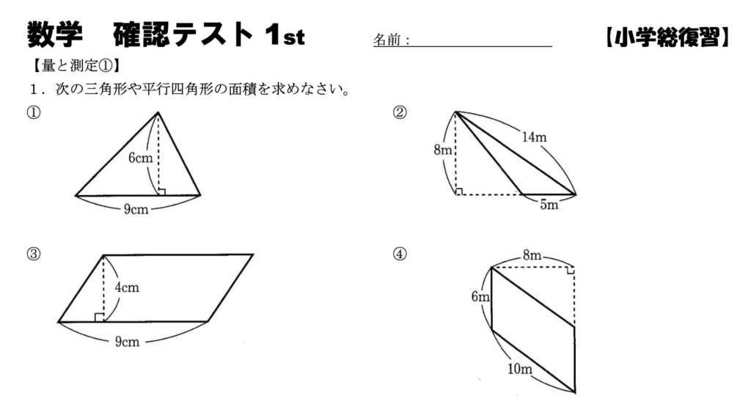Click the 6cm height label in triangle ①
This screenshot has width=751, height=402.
[x=140, y=158]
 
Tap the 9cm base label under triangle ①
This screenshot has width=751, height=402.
[x=136, y=209]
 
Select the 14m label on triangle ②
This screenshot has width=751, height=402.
[x=534, y=137]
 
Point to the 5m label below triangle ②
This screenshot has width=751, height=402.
[x=549, y=205]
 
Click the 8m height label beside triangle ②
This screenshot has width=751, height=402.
[x=442, y=150]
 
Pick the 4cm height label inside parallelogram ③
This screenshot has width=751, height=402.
[x=127, y=288]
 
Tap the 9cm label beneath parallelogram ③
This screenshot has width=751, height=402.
[x=128, y=342]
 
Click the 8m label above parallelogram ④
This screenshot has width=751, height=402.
[x=532, y=255]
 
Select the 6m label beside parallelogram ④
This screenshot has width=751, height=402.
[x=480, y=297]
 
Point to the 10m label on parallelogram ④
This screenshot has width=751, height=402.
[x=520, y=368]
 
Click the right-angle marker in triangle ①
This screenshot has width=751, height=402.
[x=162, y=192]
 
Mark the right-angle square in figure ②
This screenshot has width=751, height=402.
[x=459, y=191]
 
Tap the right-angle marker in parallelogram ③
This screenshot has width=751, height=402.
[x=99, y=317]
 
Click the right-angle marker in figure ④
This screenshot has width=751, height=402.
[x=571, y=271]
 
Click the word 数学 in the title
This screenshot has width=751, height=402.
[x=55, y=34]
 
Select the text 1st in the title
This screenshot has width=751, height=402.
[x=285, y=35]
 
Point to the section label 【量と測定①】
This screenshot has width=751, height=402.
[x=76, y=66]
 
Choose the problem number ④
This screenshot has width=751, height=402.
[x=400, y=254]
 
